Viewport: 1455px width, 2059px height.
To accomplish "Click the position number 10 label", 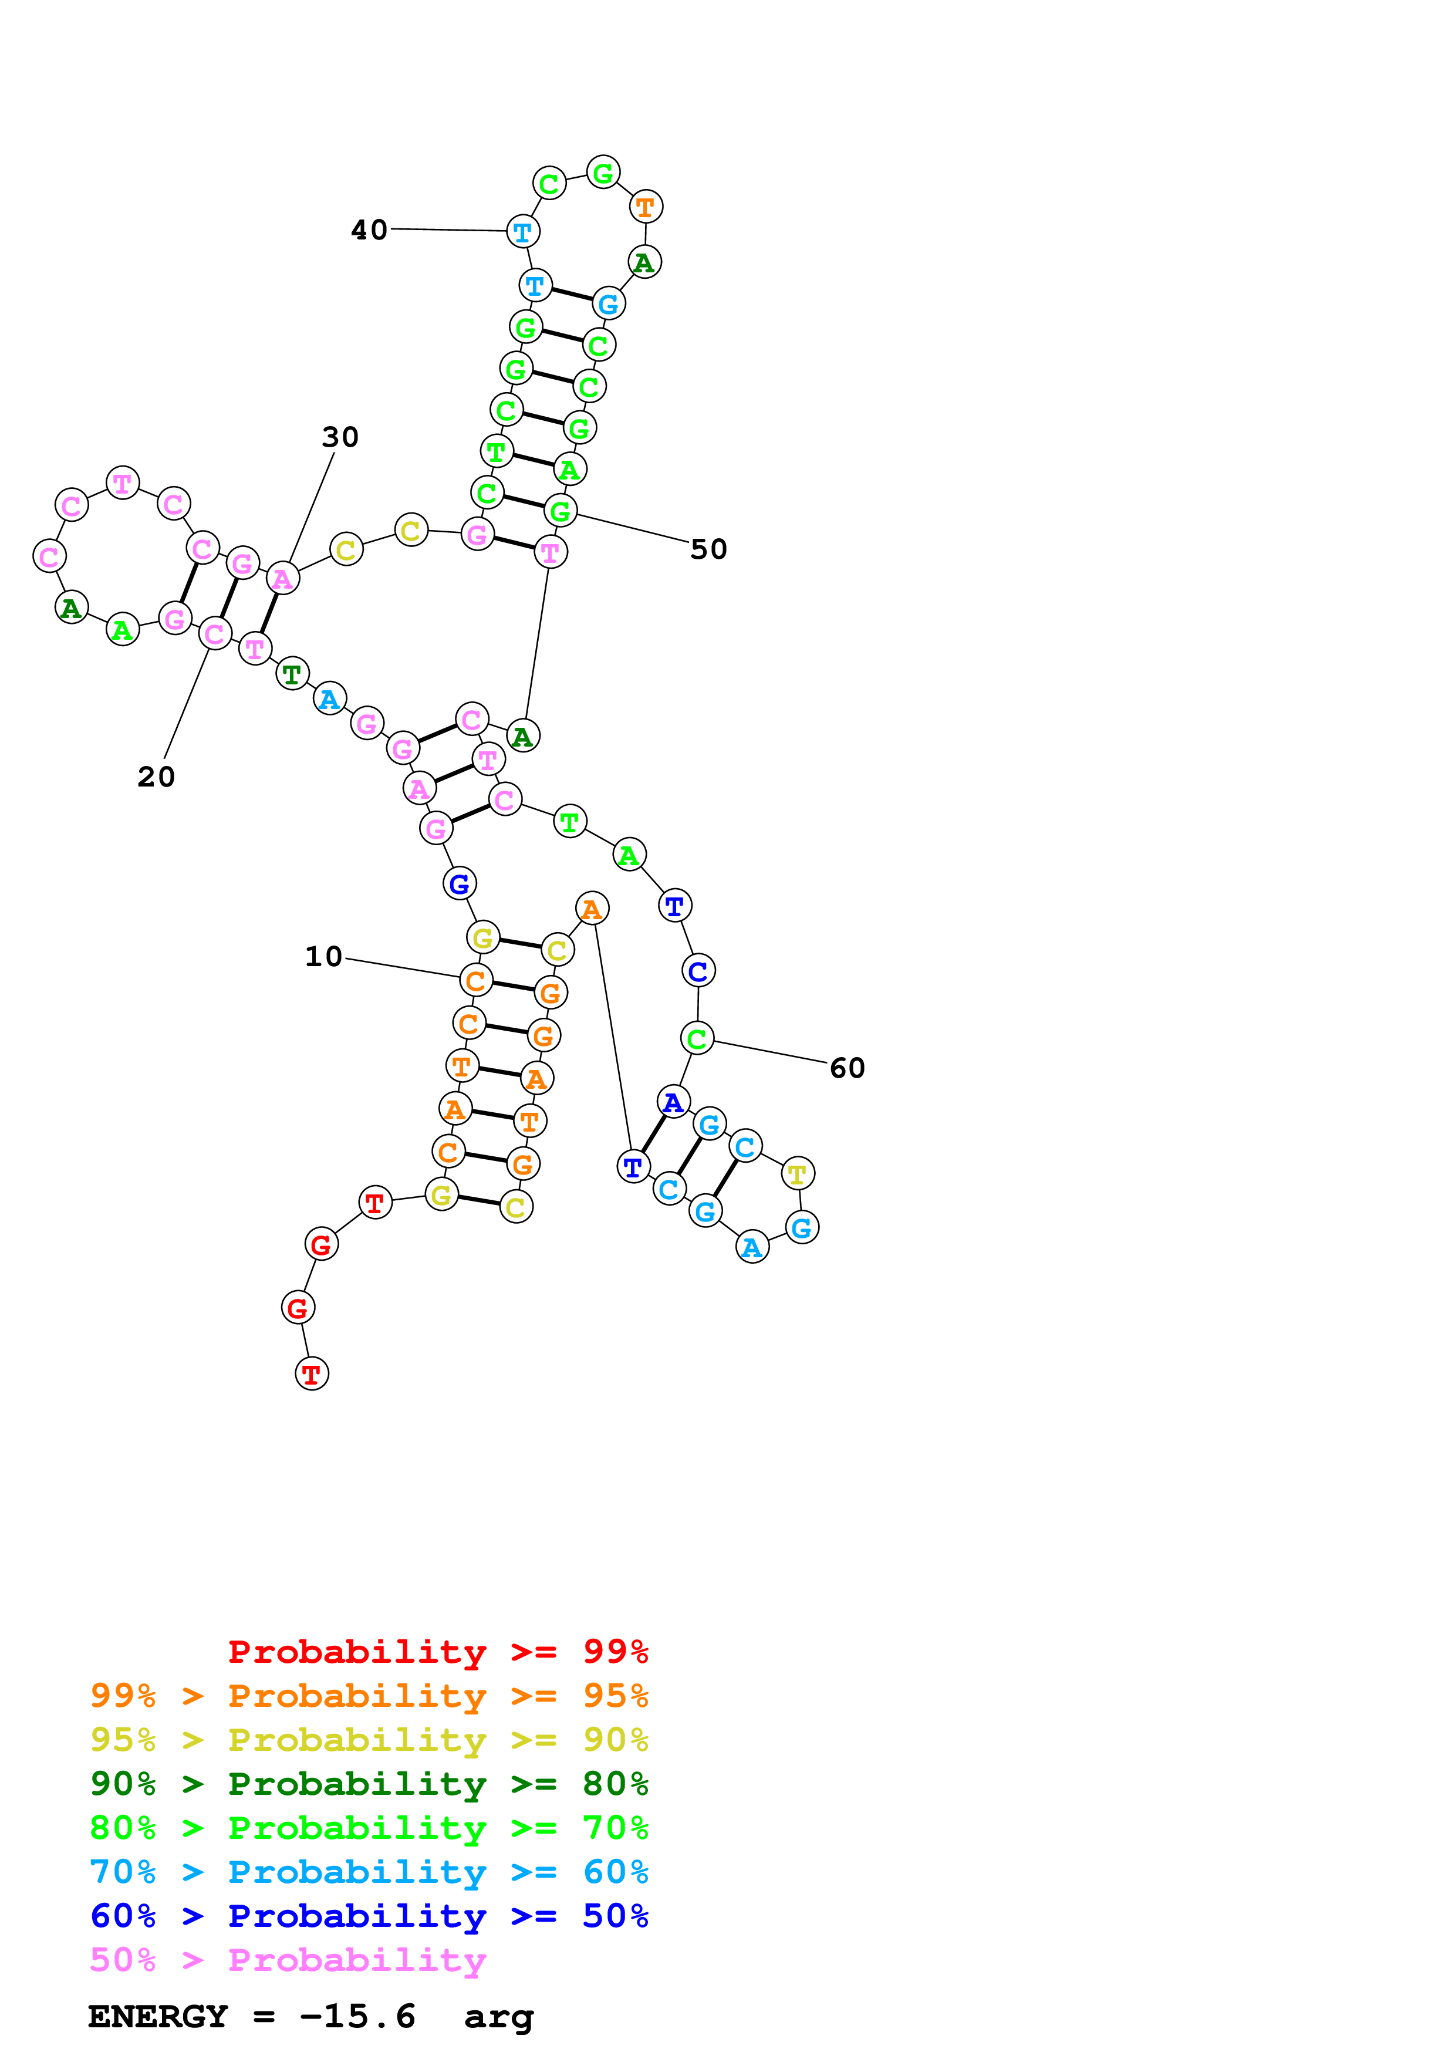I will [323, 957].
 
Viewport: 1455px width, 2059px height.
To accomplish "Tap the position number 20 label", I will [156, 777].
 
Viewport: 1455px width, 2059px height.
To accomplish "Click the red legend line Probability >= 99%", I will [437, 1651].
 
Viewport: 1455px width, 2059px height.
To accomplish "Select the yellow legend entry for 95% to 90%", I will [369, 1739].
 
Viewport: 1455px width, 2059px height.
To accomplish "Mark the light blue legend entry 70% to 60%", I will [369, 1872].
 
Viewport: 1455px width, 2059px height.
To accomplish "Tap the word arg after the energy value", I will [498, 2016].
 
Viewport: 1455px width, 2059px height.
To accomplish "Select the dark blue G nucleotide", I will [459, 883].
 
